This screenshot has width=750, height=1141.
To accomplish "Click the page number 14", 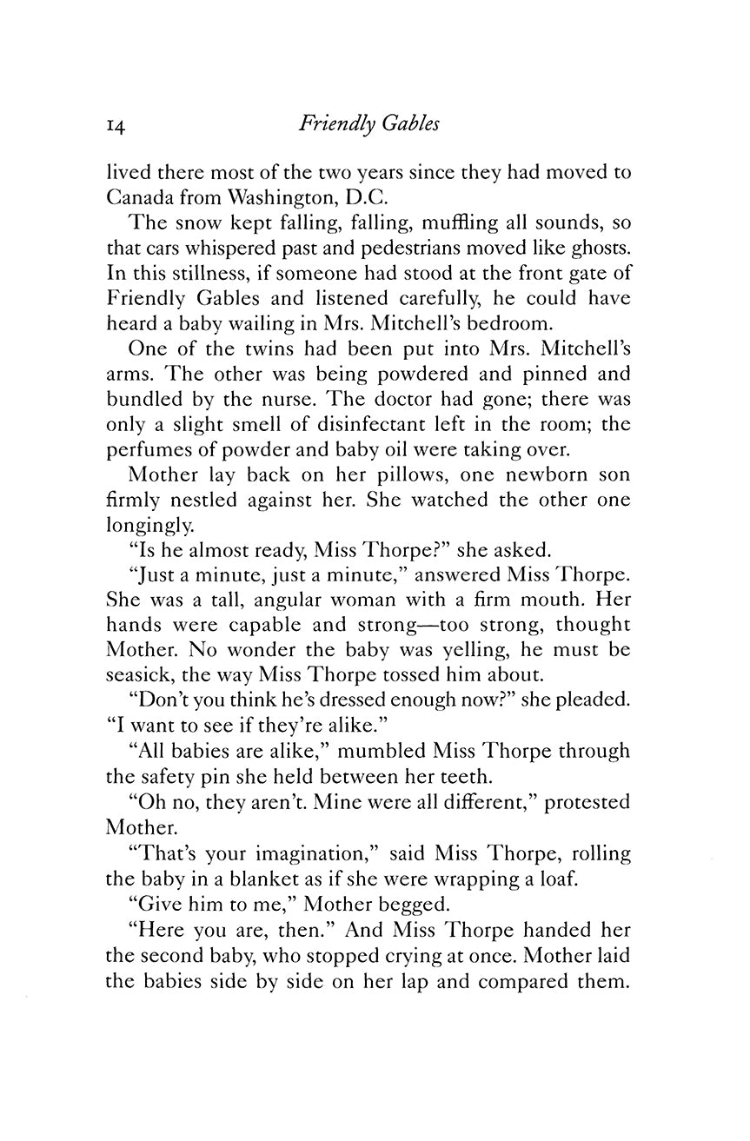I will (x=117, y=125).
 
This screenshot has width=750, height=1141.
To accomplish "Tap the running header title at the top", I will (x=368, y=124).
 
